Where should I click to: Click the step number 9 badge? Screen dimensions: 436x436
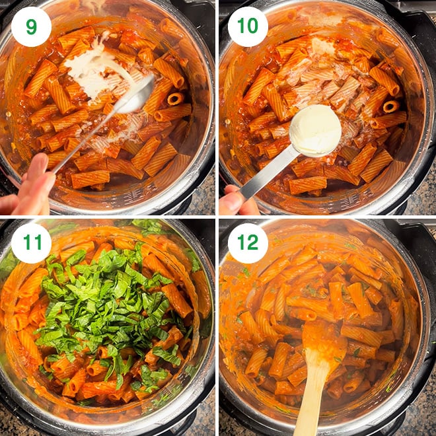31,26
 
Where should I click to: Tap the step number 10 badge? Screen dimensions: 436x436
248,26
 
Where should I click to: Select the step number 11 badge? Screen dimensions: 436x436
31,243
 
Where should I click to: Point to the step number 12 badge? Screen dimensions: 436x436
248,243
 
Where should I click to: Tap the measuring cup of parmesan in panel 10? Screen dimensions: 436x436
315,130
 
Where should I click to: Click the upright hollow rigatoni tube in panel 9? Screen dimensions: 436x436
176,98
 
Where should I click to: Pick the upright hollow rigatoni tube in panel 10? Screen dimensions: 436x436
390,106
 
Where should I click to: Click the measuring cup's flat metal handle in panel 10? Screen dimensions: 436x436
267,172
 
